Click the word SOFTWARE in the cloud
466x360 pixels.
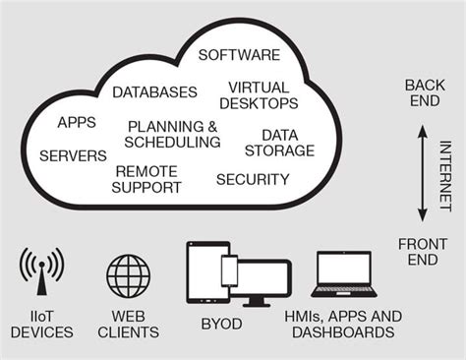[x=239, y=54]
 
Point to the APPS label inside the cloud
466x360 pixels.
[x=76, y=123]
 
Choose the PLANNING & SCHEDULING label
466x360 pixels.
[x=174, y=135]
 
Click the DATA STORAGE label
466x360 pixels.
[x=287, y=143]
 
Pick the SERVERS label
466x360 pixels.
[x=73, y=155]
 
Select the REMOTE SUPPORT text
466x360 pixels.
[x=147, y=179]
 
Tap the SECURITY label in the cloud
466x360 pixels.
[x=253, y=179]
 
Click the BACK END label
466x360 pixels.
[x=425, y=93]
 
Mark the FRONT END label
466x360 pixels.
[x=423, y=252]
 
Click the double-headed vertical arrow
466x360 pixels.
[x=422, y=171]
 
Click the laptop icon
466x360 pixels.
[x=343, y=276]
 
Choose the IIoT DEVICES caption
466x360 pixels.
[x=41, y=324]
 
